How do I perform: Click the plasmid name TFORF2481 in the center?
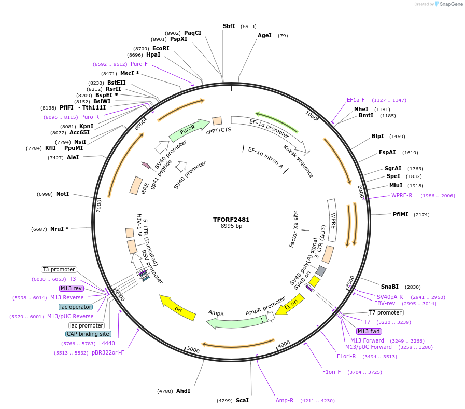tap(231, 220)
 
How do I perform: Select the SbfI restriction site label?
tap(229, 26)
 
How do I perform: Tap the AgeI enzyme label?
tap(264, 36)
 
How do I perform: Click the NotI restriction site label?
tap(62, 194)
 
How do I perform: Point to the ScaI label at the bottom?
tap(242, 400)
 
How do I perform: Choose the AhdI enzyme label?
tap(183, 391)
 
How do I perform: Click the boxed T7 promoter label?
tap(385, 312)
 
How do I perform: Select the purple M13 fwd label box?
tap(369, 331)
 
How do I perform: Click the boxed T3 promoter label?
tap(59, 269)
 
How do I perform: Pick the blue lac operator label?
tap(76, 307)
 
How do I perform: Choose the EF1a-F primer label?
tap(356, 100)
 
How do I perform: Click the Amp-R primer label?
tap(285, 400)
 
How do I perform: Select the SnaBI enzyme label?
tap(390, 287)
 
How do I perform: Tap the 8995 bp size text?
tap(231, 226)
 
